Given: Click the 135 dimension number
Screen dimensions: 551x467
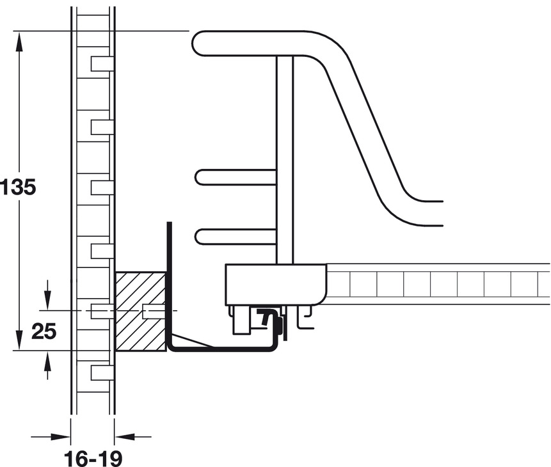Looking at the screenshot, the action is click(18, 187).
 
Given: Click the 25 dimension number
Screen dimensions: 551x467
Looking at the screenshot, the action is click(44, 331).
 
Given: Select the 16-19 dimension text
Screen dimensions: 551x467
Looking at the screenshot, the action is click(93, 459).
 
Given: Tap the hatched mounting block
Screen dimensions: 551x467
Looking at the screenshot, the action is click(141, 312).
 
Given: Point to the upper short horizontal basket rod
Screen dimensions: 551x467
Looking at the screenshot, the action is click(236, 177).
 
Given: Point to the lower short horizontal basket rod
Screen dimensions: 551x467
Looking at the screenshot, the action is click(236, 236).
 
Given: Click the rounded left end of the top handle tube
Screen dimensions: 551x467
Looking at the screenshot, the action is click(198, 44).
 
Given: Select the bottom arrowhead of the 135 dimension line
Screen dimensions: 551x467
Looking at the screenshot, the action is click(19, 340).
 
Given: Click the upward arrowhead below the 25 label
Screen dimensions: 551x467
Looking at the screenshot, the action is click(48, 361).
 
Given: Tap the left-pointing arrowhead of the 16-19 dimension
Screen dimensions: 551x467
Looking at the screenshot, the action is click(125, 437).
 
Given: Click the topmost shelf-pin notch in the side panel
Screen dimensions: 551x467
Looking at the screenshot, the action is click(102, 63).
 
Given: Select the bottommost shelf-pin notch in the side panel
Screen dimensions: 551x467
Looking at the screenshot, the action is click(102, 372).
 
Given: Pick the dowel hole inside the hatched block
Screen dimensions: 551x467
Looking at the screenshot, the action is click(153, 312).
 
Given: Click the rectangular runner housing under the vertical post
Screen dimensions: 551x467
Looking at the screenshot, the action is click(276, 284).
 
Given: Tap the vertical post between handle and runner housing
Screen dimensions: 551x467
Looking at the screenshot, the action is click(285, 160).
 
